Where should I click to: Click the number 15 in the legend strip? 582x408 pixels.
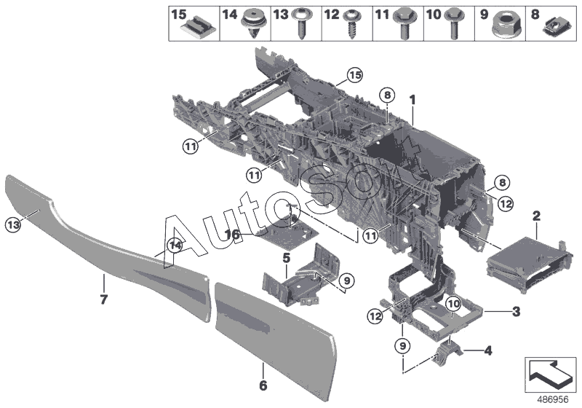coord(178,14)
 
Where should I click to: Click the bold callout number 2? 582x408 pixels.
coord(536,216)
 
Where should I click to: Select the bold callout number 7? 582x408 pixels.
coord(104,299)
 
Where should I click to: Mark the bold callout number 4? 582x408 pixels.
coord(487,350)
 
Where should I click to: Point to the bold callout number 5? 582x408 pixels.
coord(286,257)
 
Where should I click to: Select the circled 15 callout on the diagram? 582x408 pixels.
coord(354,75)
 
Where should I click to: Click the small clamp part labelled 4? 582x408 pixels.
coord(450,353)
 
